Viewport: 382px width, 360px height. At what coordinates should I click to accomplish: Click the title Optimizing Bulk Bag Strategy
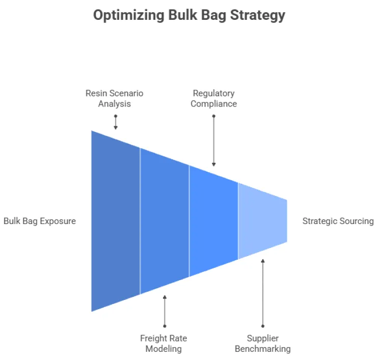coord(189,15)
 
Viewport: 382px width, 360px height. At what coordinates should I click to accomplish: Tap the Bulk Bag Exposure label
coord(40,221)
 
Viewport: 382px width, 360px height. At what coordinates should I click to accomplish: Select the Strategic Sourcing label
coord(338,221)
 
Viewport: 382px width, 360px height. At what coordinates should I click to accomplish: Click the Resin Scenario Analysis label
coord(115,99)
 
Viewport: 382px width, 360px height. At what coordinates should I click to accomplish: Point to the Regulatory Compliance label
coord(214,99)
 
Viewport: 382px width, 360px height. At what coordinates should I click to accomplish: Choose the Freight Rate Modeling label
coord(163,344)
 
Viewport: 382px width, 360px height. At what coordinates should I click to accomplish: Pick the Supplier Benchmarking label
coord(263,344)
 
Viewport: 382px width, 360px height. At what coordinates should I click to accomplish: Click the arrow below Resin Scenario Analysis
coord(116,123)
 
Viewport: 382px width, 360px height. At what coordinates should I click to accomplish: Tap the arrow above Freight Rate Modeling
coord(165,311)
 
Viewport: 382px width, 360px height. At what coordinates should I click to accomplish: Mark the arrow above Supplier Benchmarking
coord(263,293)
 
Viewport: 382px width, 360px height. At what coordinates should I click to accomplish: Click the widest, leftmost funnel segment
coord(116,220)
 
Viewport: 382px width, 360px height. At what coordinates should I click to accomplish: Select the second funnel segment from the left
coord(165,220)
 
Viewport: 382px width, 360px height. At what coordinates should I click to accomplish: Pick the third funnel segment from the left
coord(213,220)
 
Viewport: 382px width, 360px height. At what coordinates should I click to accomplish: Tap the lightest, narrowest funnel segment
coord(262,220)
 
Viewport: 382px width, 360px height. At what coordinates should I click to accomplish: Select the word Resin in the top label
coord(96,94)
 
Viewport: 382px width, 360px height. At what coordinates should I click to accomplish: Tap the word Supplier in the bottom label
coord(263,339)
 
